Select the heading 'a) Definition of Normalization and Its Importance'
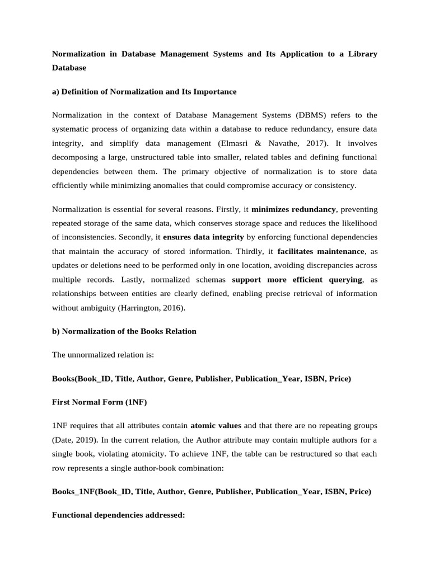click(144, 91)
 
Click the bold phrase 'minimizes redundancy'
click(293, 209)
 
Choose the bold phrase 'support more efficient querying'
click(297, 279)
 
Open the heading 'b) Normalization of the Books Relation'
click(124, 331)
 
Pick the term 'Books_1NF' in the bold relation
click(73, 492)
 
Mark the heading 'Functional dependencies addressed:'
click(118, 515)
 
